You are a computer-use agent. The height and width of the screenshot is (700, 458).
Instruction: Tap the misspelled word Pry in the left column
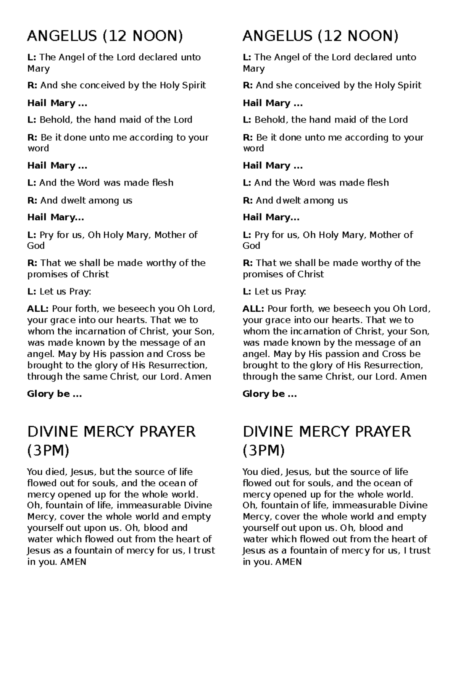(x=47, y=235)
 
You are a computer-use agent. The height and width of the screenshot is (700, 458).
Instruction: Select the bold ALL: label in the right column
(x=253, y=309)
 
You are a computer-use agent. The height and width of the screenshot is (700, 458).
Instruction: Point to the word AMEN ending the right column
(x=288, y=562)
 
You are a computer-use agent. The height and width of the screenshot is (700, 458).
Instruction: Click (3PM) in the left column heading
(x=48, y=451)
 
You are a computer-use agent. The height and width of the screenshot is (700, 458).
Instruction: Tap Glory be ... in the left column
(x=54, y=394)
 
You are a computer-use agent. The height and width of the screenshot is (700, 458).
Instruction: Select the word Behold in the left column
(x=56, y=120)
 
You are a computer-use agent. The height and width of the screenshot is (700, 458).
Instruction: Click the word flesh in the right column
(x=377, y=183)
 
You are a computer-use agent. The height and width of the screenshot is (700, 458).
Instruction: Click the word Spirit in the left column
(x=194, y=85)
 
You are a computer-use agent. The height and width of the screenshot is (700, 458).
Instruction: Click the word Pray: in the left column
(x=80, y=292)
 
